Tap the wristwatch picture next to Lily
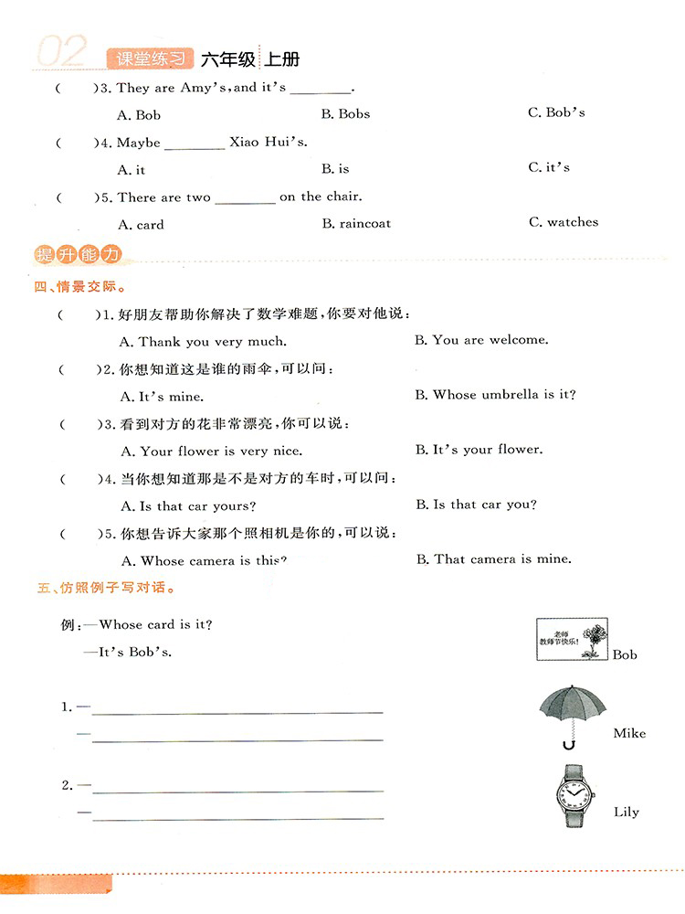click(574, 794)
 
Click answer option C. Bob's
click(556, 112)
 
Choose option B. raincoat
click(356, 223)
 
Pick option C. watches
click(564, 222)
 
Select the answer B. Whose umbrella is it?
click(496, 395)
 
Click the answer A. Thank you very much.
click(204, 342)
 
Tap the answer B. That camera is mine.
click(494, 558)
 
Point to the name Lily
click(627, 812)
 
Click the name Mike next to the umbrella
click(629, 733)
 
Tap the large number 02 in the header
click(61, 53)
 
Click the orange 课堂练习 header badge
click(150, 59)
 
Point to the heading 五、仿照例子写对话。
click(106, 589)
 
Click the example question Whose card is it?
click(156, 625)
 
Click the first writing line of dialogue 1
click(237, 710)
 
